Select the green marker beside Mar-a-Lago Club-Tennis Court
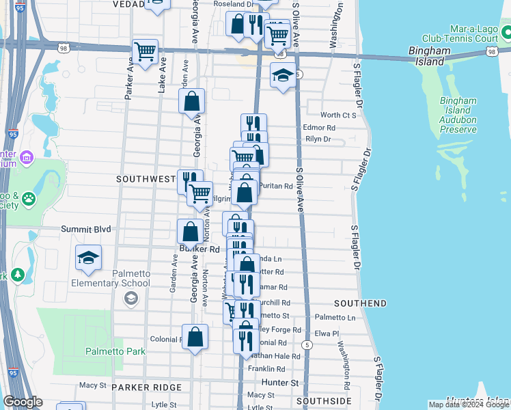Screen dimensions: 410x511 pyautogui.click(x=506, y=32)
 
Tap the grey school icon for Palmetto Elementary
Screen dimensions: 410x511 pyautogui.click(x=130, y=298)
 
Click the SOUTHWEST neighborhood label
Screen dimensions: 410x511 pyautogui.click(x=146, y=179)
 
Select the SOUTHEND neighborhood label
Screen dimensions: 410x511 pyautogui.click(x=360, y=303)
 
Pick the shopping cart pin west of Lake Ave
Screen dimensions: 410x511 pyautogui.click(x=145, y=51)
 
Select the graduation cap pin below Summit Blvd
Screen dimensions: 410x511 pyautogui.click(x=88, y=257)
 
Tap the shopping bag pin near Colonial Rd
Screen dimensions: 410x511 pyautogui.click(x=195, y=336)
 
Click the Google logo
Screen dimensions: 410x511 pyautogui.click(x=23, y=402)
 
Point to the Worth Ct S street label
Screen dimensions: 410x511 pyautogui.click(x=339, y=115)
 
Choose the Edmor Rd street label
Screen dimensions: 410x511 pyautogui.click(x=319, y=128)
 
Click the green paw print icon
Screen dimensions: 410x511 pyautogui.click(x=29, y=199)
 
